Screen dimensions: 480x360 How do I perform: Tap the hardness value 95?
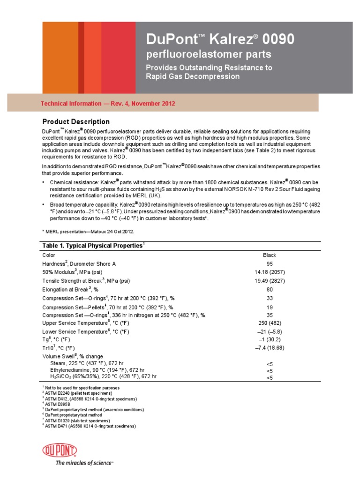[270, 264]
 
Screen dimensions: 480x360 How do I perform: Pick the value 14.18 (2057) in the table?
[270, 272]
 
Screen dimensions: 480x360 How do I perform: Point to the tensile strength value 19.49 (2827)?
[270, 281]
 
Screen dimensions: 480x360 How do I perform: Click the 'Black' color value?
[270, 255]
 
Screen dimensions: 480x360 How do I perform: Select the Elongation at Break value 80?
[270, 290]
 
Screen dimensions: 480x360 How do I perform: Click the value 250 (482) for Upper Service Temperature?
[270, 323]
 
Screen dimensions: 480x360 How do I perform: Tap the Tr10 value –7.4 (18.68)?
[270, 348]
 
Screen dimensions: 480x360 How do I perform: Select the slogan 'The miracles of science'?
[84, 463]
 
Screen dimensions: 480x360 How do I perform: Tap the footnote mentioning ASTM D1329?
[77, 421]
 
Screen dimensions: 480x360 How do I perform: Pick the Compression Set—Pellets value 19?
[270, 307]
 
